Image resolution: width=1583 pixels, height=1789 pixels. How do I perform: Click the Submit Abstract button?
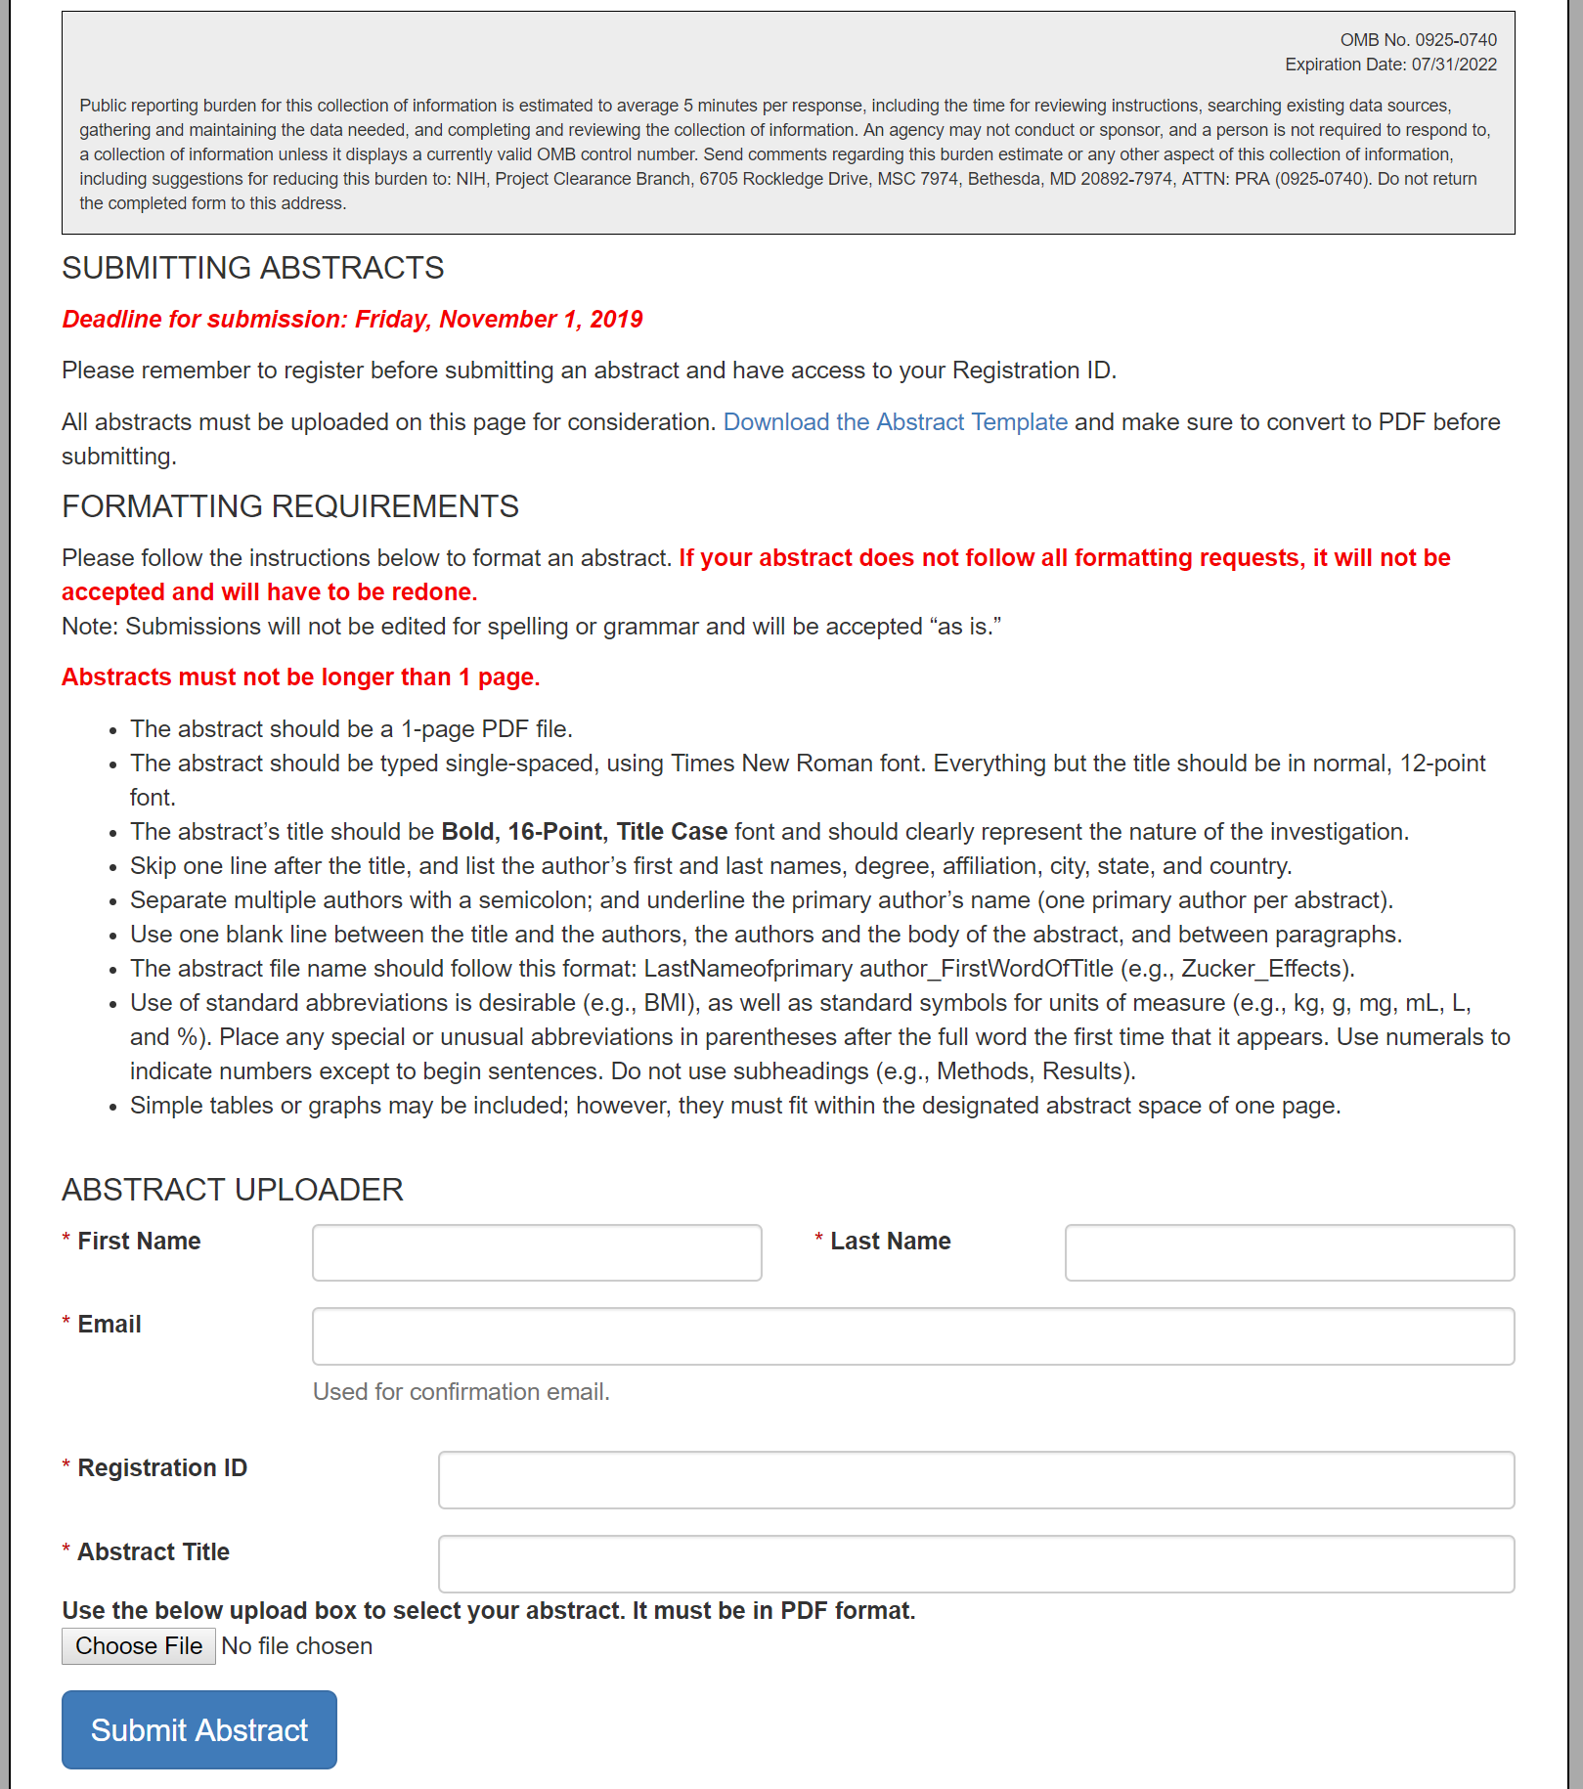199,1729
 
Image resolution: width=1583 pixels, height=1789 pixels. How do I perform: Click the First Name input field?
537,1252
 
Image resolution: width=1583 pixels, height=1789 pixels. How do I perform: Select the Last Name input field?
1289,1252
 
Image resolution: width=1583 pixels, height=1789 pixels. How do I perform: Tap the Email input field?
912,1335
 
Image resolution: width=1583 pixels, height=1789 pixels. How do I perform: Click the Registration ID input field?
976,1479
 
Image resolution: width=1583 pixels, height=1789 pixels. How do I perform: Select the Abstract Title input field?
976,1563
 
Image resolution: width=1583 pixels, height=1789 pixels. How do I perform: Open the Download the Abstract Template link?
895,422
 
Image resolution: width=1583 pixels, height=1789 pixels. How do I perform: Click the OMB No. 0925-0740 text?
1418,40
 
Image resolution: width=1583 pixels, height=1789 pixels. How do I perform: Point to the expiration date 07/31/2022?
1454,65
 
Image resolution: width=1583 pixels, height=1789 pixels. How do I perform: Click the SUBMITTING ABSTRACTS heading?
252,268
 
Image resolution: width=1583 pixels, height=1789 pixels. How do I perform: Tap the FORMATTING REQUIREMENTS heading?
289,506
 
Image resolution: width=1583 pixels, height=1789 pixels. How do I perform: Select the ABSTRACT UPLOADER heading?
232,1190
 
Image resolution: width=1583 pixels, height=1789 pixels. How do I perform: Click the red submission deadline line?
352,320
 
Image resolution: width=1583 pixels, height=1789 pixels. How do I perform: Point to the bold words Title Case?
672,832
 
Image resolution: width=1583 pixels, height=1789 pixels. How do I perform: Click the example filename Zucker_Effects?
1265,969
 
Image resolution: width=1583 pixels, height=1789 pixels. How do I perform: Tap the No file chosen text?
296,1646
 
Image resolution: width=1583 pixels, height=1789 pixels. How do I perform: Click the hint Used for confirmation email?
461,1392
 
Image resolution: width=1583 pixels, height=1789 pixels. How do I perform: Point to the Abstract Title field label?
154,1551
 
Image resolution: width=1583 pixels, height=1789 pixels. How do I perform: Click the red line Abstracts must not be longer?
300,677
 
